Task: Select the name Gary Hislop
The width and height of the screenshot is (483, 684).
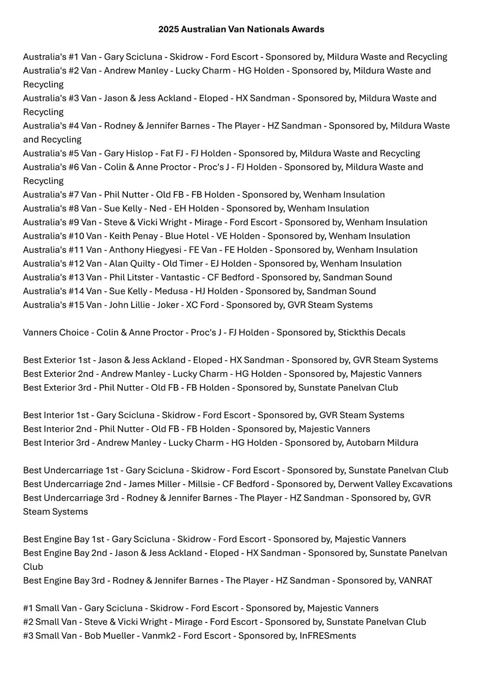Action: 126,153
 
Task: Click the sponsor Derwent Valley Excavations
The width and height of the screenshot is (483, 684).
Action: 395,484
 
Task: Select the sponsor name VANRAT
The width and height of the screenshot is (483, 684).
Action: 415,580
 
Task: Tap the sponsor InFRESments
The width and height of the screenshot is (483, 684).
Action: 327,636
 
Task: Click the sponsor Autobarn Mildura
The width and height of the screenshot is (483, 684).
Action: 382,443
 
